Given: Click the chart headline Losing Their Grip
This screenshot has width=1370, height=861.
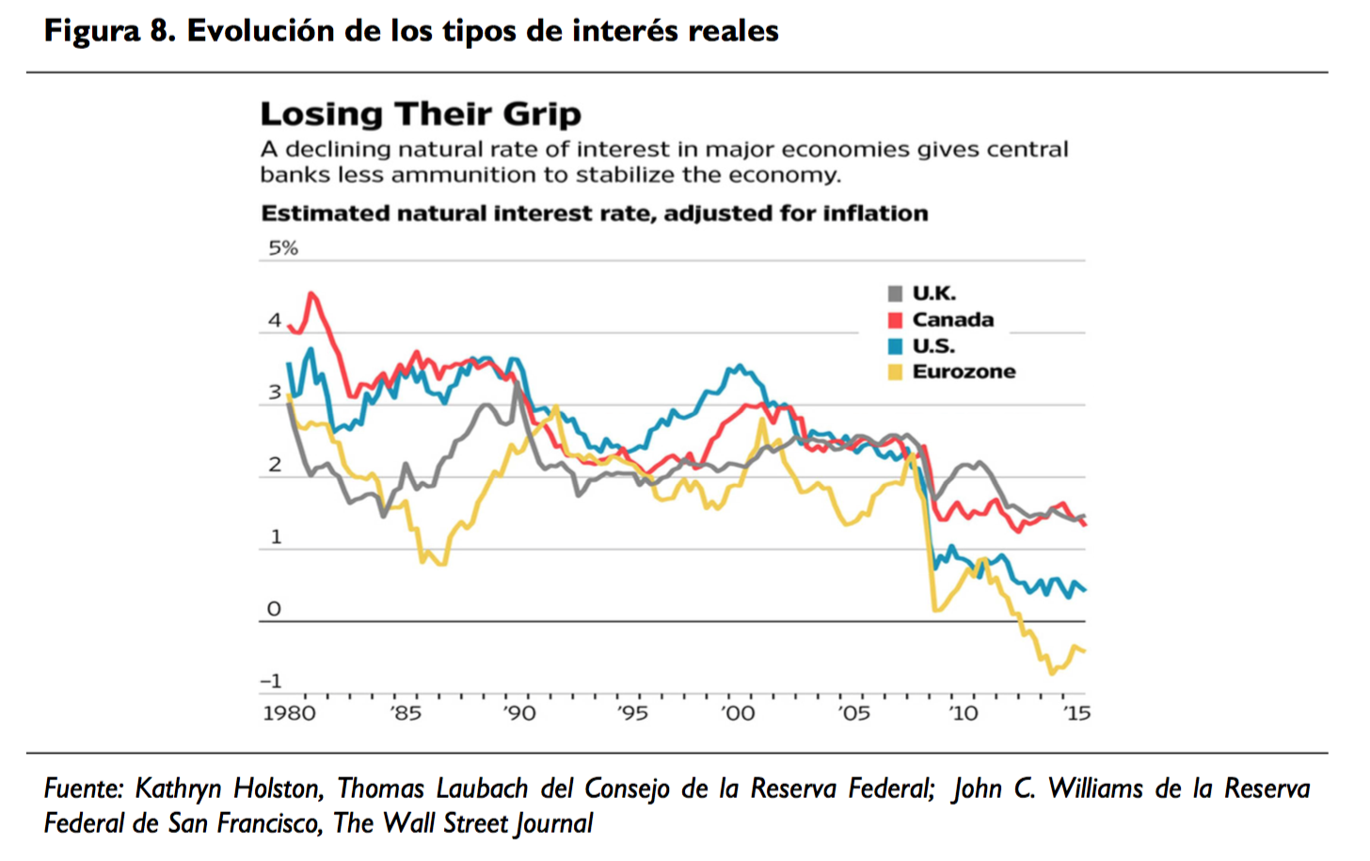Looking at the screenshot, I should point(421,114).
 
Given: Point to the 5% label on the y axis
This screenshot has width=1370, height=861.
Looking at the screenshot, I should point(283,248).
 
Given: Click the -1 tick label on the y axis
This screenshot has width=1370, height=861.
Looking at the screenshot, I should point(271,680).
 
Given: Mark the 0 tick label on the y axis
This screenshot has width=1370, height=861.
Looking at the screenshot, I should point(274,609).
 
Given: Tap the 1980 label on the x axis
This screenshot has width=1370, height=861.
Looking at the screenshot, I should point(290,713).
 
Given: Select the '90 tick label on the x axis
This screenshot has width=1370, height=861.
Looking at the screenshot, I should point(518,713).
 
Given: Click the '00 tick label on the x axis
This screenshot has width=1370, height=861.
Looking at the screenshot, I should point(738,713).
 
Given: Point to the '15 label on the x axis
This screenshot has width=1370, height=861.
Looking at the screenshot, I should point(1076,713).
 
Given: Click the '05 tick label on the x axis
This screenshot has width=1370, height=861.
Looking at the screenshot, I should point(853,713).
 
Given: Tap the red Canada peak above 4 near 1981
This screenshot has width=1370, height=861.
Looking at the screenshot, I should point(312,294).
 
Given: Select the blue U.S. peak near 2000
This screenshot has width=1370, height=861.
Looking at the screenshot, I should point(741,366).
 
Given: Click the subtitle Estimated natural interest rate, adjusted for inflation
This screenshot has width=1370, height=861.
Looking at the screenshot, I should point(594,214).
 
